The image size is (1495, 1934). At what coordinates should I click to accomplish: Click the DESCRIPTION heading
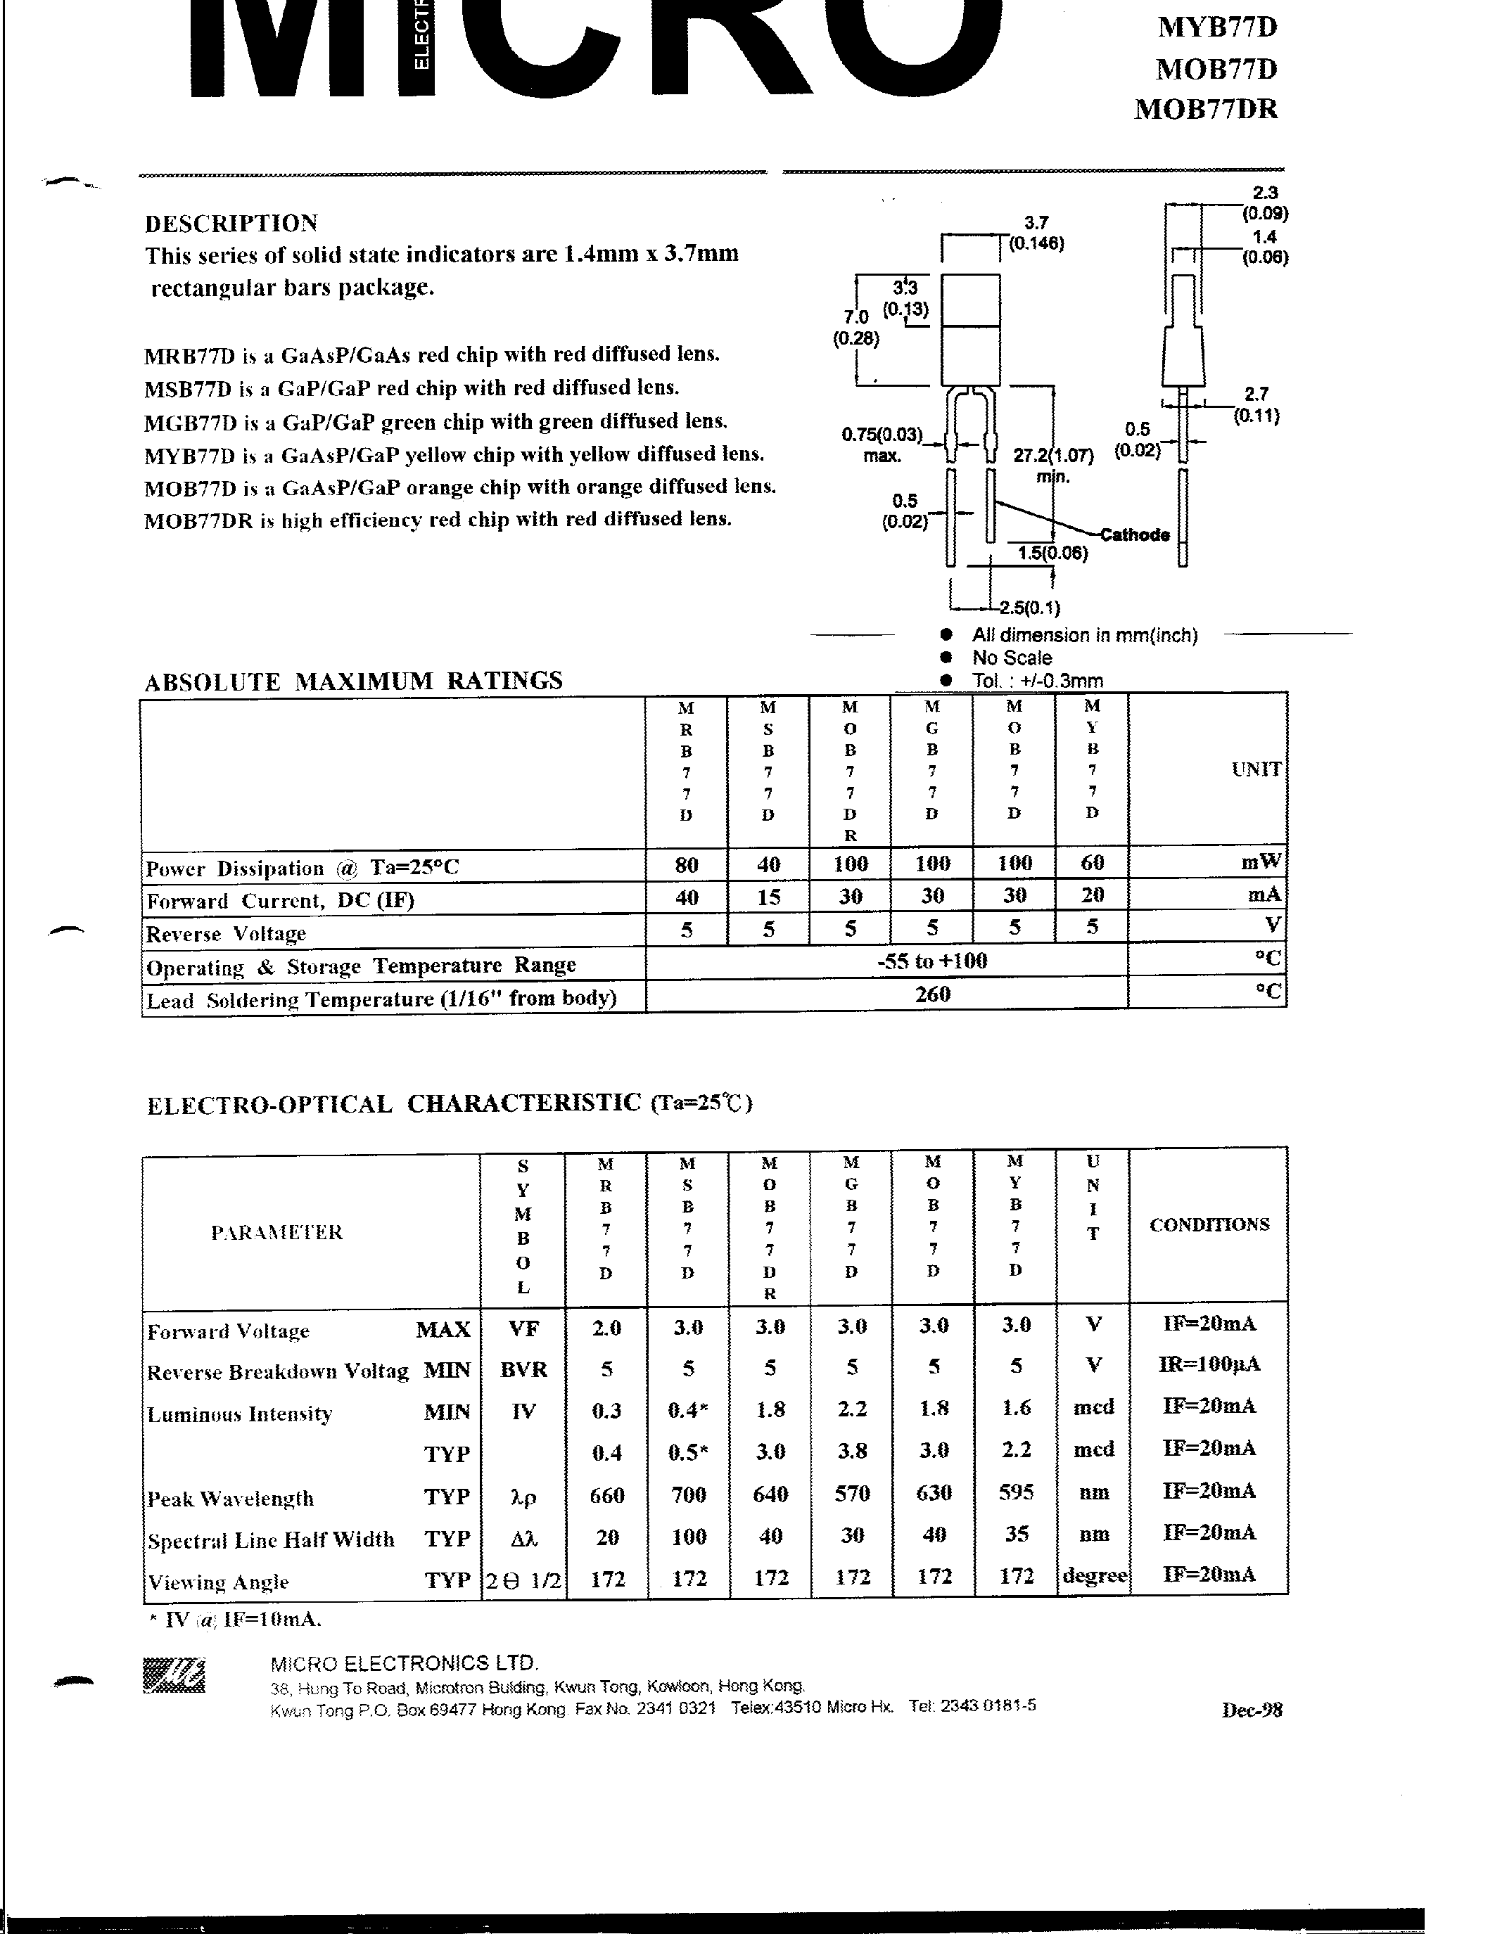click(231, 223)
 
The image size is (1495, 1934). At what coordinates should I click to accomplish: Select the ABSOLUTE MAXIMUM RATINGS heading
click(353, 681)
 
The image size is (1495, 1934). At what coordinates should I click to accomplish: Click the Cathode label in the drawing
click(1135, 535)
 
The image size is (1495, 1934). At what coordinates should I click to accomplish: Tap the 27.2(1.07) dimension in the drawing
click(1053, 456)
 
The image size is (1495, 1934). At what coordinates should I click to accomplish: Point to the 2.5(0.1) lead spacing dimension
click(1029, 608)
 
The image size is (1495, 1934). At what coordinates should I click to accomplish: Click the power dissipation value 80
click(687, 865)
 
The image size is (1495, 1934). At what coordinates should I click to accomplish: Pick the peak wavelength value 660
click(606, 1494)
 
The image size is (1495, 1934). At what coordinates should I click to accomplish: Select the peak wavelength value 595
click(1016, 1492)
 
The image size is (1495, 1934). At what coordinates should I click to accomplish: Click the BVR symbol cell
click(523, 1369)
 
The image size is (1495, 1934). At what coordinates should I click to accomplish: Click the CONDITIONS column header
click(1209, 1224)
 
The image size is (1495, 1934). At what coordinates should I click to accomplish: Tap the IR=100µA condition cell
click(1209, 1364)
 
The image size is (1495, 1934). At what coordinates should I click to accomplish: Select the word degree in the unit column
click(1094, 1576)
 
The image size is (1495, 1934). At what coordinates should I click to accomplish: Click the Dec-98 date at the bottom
click(1252, 1710)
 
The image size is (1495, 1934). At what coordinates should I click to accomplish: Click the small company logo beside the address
click(174, 1674)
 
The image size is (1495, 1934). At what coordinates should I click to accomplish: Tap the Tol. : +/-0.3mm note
click(1037, 681)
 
